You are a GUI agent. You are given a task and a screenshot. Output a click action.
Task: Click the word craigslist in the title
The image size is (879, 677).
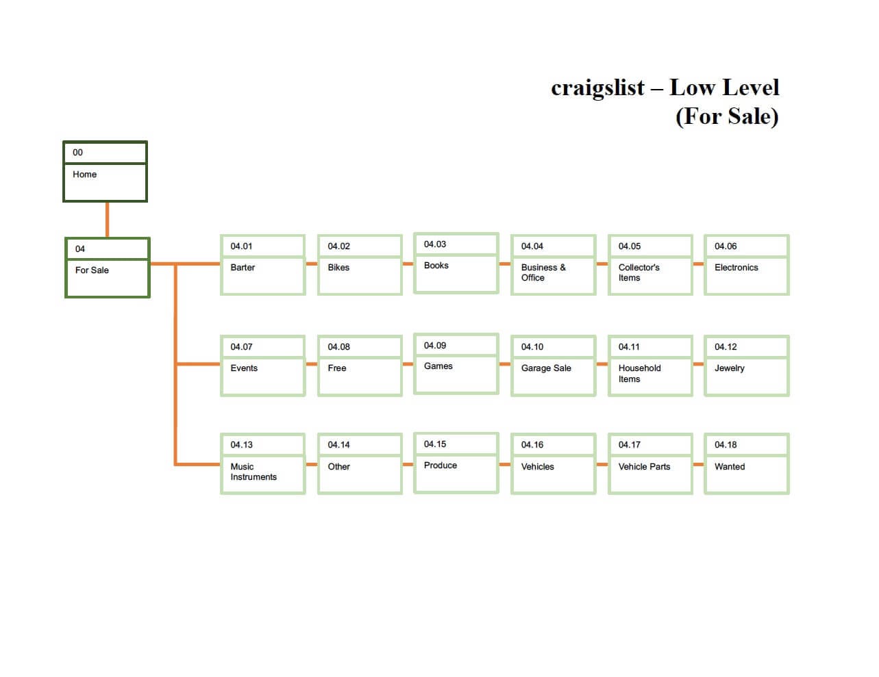point(597,88)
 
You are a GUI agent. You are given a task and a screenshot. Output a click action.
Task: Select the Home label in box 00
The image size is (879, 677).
point(85,175)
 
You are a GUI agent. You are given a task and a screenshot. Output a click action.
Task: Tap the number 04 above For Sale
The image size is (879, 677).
point(80,249)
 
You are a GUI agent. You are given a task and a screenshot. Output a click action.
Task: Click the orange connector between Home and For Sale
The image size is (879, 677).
point(107,220)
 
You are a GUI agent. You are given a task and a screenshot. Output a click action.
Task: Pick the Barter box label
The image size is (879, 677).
point(243,268)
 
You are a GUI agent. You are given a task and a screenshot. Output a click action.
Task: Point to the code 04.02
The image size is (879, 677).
point(338,246)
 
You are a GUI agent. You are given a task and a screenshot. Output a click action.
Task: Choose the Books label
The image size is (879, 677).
point(436,266)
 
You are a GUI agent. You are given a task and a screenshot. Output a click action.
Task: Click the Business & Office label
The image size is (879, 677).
point(543,272)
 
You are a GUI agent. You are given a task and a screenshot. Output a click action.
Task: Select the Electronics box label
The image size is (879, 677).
point(736,268)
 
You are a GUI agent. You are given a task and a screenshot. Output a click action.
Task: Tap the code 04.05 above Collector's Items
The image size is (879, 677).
point(629,246)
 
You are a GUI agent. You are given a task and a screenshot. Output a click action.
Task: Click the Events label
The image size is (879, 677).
point(244,368)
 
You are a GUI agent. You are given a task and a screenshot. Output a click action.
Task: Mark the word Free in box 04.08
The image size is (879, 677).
point(337,368)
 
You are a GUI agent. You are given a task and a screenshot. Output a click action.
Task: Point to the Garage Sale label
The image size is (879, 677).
point(546,368)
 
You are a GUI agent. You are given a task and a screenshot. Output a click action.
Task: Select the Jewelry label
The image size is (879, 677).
point(729,368)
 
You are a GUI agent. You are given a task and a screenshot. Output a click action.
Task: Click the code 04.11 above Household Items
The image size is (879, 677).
point(629,347)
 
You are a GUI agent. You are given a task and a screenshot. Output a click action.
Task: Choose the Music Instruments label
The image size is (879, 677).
point(253,472)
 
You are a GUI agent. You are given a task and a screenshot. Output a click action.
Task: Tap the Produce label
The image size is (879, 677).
point(440,465)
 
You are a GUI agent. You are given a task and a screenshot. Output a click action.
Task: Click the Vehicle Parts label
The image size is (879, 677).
point(644,467)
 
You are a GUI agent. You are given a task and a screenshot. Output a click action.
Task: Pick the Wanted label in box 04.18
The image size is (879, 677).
point(729,467)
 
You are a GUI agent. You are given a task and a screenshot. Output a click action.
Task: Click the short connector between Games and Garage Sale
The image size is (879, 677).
point(505,364)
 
